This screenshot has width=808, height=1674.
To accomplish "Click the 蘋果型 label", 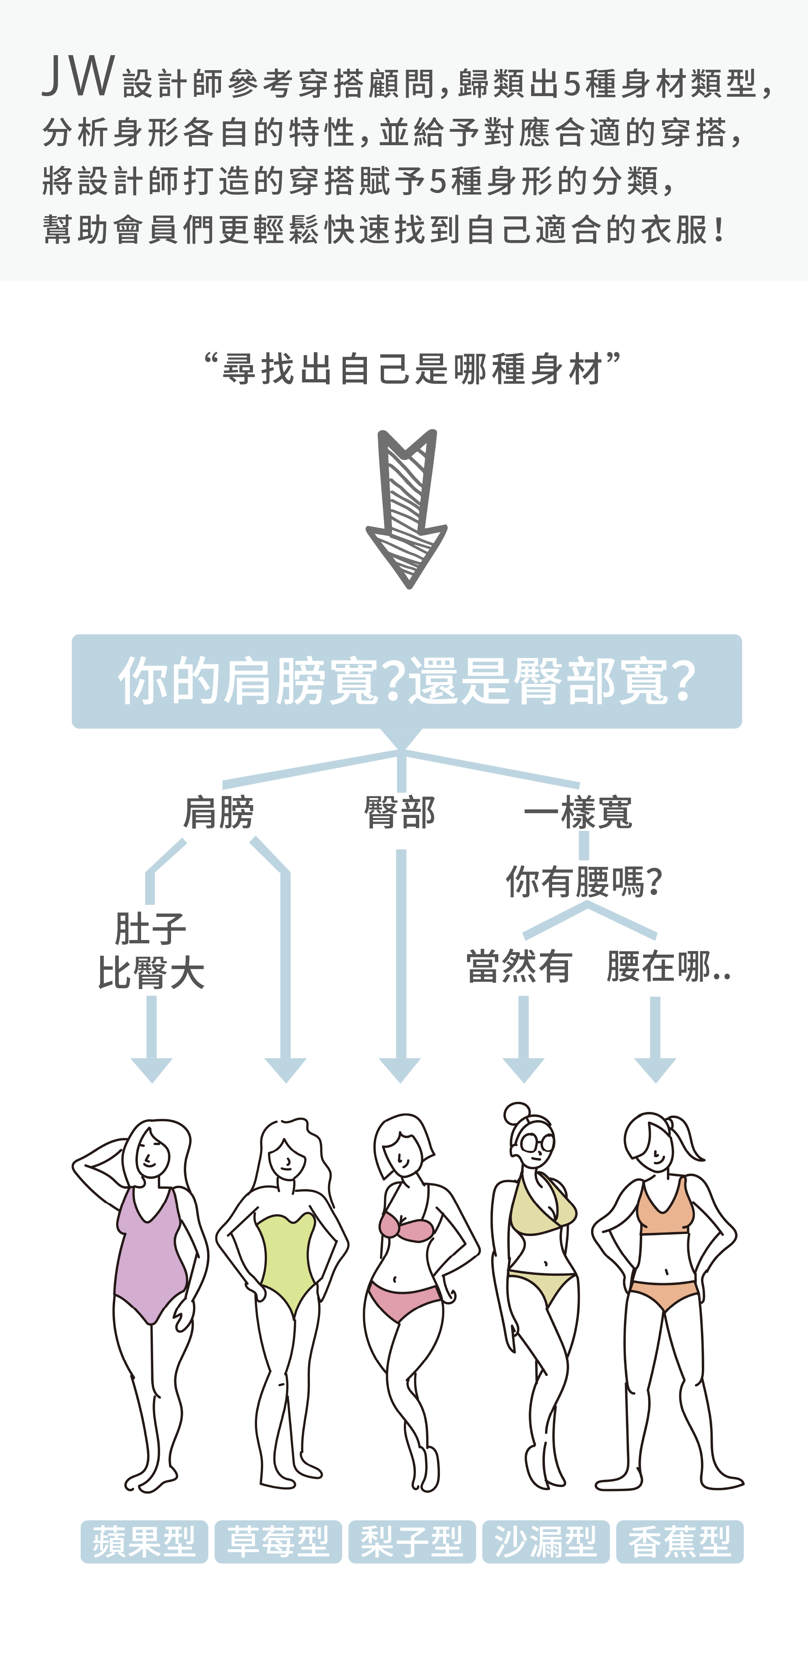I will [144, 1541].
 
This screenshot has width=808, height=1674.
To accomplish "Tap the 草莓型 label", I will [278, 1541].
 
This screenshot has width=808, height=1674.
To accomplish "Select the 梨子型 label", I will [412, 1541].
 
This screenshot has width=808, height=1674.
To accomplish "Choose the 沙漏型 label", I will [546, 1541].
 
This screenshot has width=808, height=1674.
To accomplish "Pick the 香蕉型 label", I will [679, 1541].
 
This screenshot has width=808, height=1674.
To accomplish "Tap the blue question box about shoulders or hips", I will [407, 681].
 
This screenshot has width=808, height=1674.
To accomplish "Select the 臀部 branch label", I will [399, 812].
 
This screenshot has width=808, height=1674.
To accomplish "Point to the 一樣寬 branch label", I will [578, 812].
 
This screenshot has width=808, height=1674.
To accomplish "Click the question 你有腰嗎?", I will [583, 882].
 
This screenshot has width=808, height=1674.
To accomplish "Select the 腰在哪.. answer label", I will [668, 967].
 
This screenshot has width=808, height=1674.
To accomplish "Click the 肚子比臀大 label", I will [151, 950].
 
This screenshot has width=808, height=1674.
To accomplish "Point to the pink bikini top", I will [405, 1225].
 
